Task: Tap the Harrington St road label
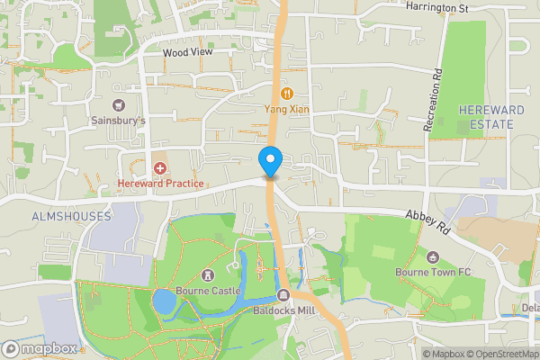(x=438, y=7)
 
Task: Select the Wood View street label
(x=186, y=53)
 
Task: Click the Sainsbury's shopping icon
(x=119, y=104)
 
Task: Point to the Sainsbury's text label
(x=118, y=120)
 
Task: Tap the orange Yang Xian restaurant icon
(x=287, y=93)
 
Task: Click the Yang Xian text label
(x=287, y=109)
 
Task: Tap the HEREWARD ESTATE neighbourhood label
(x=485, y=116)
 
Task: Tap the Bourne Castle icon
(x=209, y=274)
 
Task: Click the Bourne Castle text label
(x=209, y=291)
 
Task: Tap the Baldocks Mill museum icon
(x=283, y=296)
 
